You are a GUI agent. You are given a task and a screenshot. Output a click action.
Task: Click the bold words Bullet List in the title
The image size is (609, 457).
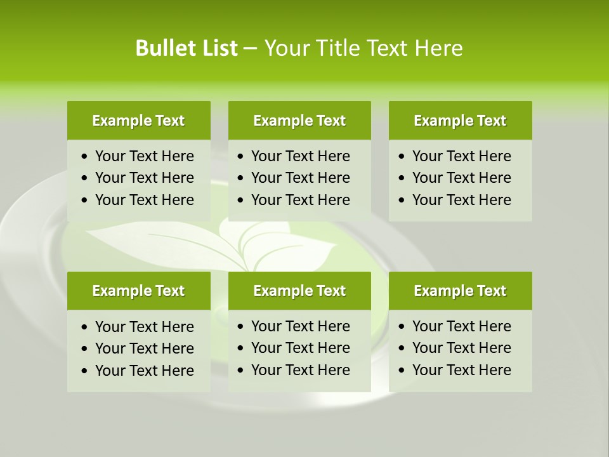pyautogui.click(x=186, y=48)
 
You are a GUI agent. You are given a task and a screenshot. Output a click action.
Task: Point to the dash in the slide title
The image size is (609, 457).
pyautogui.click(x=250, y=48)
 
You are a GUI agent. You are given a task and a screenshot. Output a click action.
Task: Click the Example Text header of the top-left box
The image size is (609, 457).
pyautogui.click(x=138, y=121)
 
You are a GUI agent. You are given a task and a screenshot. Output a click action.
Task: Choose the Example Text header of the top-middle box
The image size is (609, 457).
pyautogui.click(x=299, y=121)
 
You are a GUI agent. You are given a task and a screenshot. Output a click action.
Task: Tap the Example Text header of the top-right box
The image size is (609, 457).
pyautogui.click(x=460, y=121)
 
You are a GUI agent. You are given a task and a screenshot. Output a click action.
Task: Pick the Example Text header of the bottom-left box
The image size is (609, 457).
pyautogui.click(x=138, y=291)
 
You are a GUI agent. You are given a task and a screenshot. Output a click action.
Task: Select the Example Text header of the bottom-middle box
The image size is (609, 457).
pyautogui.click(x=299, y=291)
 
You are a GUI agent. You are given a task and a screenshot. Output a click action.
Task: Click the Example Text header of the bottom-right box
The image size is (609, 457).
pyautogui.click(x=460, y=291)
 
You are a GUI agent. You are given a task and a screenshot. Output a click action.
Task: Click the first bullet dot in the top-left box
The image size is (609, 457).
pyautogui.click(x=85, y=157)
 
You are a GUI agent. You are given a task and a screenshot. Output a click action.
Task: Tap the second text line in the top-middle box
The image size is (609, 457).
pyautogui.click(x=300, y=178)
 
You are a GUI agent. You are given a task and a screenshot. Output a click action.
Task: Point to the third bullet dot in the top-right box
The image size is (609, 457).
pyautogui.click(x=402, y=201)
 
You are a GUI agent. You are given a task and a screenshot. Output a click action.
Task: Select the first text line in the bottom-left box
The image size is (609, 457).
pyautogui.click(x=144, y=327)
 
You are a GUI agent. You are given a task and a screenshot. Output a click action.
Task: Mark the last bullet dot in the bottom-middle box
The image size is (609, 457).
pyautogui.click(x=241, y=371)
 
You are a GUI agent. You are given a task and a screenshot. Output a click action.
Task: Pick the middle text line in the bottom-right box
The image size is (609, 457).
pyautogui.click(x=461, y=348)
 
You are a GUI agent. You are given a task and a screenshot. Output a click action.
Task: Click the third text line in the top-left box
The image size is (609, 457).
pyautogui.click(x=144, y=200)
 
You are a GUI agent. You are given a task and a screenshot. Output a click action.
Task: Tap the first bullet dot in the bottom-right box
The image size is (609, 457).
pyautogui.click(x=402, y=327)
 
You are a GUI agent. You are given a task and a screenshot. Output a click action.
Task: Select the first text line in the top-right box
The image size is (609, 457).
pyautogui.click(x=461, y=156)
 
